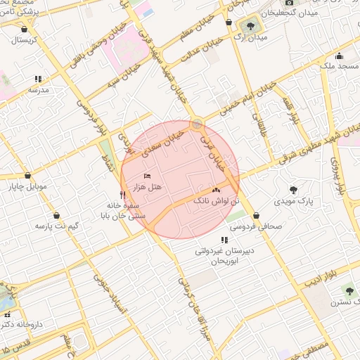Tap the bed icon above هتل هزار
147,175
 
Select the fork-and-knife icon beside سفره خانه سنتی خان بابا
123,195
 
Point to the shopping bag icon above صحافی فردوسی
255,216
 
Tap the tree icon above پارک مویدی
293,190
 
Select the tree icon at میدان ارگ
251,27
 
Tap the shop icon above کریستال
25,30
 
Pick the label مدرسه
38,90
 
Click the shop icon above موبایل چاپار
27,175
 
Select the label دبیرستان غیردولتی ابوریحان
224,255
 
